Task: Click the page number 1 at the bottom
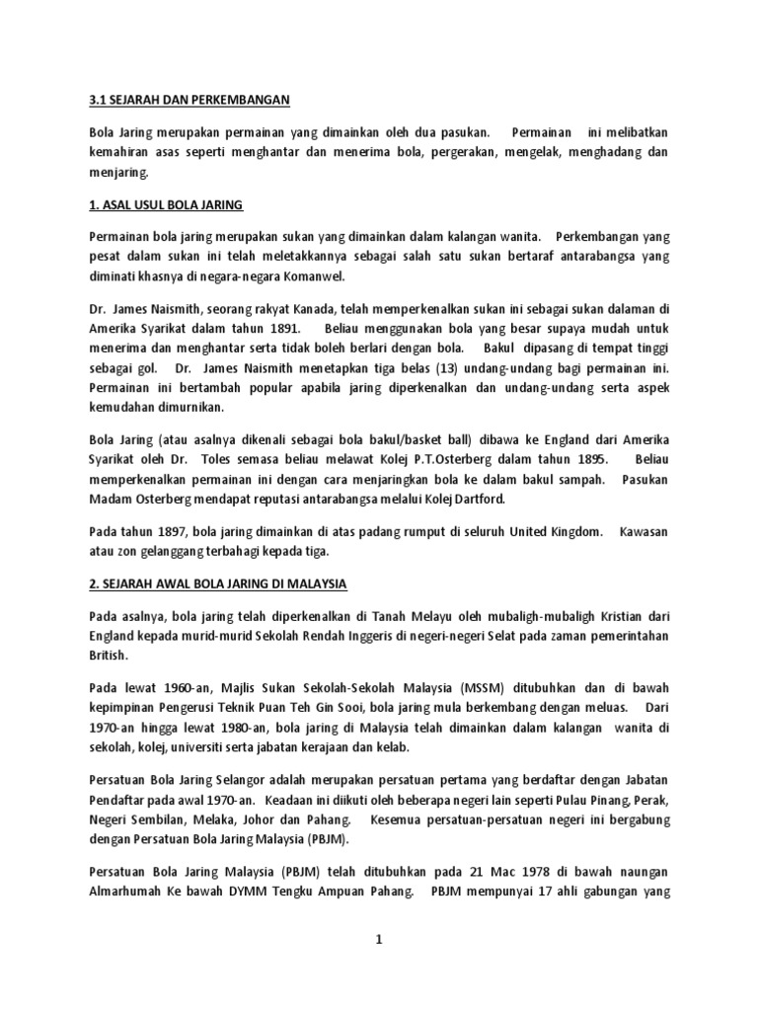(x=379, y=940)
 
